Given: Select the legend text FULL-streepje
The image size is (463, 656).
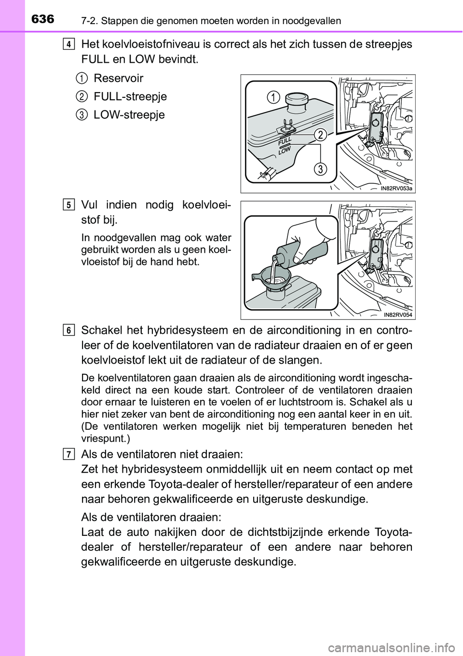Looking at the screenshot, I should pyautogui.click(x=130, y=96).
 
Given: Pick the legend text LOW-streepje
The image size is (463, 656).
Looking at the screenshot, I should pyautogui.click(x=129, y=115).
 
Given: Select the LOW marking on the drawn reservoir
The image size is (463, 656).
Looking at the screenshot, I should pyautogui.click(x=285, y=151).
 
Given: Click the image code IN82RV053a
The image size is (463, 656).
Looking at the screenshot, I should pyautogui.click(x=396, y=189).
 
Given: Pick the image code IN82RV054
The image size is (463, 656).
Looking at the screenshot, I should pyautogui.click(x=398, y=315).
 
